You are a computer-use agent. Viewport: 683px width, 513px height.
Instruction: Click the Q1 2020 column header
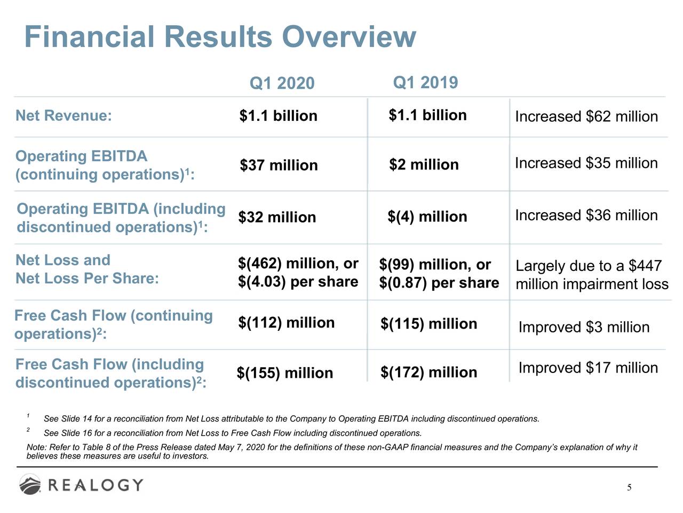coord(282,83)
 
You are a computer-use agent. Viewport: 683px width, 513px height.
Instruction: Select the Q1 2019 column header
coord(425,82)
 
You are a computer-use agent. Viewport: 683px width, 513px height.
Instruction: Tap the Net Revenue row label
coord(63,115)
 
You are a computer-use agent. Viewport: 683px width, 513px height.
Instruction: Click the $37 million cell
coord(279,165)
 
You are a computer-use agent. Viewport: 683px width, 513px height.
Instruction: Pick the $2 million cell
coord(424,165)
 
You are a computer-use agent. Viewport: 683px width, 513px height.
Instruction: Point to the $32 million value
coord(277,217)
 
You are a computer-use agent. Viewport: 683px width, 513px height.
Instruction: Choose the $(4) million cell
coord(427,217)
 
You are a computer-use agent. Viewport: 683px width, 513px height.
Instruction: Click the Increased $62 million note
coord(586,116)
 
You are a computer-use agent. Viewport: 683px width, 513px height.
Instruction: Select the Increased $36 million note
coord(586,215)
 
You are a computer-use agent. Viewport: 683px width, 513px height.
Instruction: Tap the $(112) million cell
coord(286,323)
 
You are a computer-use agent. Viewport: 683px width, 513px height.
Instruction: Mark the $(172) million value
coord(429,372)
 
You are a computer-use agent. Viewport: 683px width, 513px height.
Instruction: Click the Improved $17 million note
coord(588,368)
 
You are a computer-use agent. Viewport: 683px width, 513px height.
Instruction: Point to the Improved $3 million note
coord(584,328)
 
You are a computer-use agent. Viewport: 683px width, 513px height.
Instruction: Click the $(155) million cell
coord(285,373)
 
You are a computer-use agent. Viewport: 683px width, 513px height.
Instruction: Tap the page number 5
coord(629,487)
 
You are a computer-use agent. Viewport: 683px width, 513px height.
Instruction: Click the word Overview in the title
coord(349,36)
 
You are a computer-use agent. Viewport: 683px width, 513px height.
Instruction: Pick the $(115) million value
coord(429,324)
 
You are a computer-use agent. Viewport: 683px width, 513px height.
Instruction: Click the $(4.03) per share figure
coord(298,282)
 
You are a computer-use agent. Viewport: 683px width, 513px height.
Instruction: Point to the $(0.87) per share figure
coord(439,283)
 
